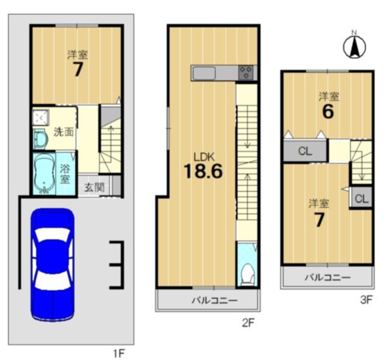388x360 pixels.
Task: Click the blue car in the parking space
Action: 52,264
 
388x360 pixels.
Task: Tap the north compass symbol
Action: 354,46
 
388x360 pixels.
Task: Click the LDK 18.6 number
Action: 203,171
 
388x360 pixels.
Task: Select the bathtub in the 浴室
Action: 44,174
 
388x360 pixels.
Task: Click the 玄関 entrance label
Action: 94,187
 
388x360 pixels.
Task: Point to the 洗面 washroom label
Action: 64,132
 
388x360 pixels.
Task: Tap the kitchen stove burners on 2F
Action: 246,72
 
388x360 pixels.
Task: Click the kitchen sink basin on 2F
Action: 204,73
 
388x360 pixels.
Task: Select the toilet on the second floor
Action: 248,275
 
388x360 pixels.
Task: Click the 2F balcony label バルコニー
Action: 215,301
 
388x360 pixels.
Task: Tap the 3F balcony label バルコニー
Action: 327,277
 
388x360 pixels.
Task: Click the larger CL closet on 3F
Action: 305,151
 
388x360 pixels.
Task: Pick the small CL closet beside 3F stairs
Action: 361,198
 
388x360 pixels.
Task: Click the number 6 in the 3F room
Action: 328,112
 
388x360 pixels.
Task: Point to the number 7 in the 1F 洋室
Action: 78,69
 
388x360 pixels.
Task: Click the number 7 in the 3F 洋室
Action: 319,220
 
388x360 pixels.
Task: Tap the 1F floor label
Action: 119,353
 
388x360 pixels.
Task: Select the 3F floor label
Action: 367,300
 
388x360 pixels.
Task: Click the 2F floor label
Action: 248,323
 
